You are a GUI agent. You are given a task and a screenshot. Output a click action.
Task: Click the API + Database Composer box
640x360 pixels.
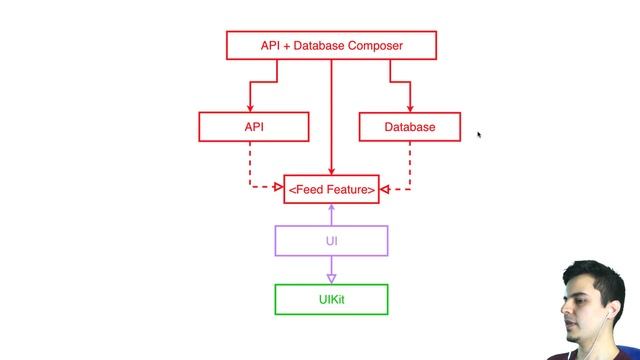tap(331, 46)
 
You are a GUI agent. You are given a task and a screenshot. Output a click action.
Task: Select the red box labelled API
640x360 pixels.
tap(253, 127)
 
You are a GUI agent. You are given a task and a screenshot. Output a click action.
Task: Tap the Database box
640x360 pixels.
tap(410, 127)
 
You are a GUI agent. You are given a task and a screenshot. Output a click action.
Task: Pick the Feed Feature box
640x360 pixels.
tap(331, 188)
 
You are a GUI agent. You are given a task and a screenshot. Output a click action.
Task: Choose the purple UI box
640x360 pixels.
tap(331, 241)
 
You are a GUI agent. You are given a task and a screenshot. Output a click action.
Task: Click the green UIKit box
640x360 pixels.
tap(331, 299)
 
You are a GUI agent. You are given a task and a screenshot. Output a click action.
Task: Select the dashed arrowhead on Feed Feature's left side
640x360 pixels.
tap(279, 187)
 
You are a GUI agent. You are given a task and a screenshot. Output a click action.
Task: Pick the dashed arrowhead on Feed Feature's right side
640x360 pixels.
tap(384, 188)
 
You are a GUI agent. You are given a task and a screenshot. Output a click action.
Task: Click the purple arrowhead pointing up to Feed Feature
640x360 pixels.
tap(331, 208)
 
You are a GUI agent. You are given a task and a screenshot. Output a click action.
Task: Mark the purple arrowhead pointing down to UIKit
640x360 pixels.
tap(331, 278)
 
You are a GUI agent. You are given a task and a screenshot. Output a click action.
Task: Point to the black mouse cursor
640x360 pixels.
tap(479, 135)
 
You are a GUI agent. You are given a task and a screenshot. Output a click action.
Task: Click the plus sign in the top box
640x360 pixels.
tap(284, 46)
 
